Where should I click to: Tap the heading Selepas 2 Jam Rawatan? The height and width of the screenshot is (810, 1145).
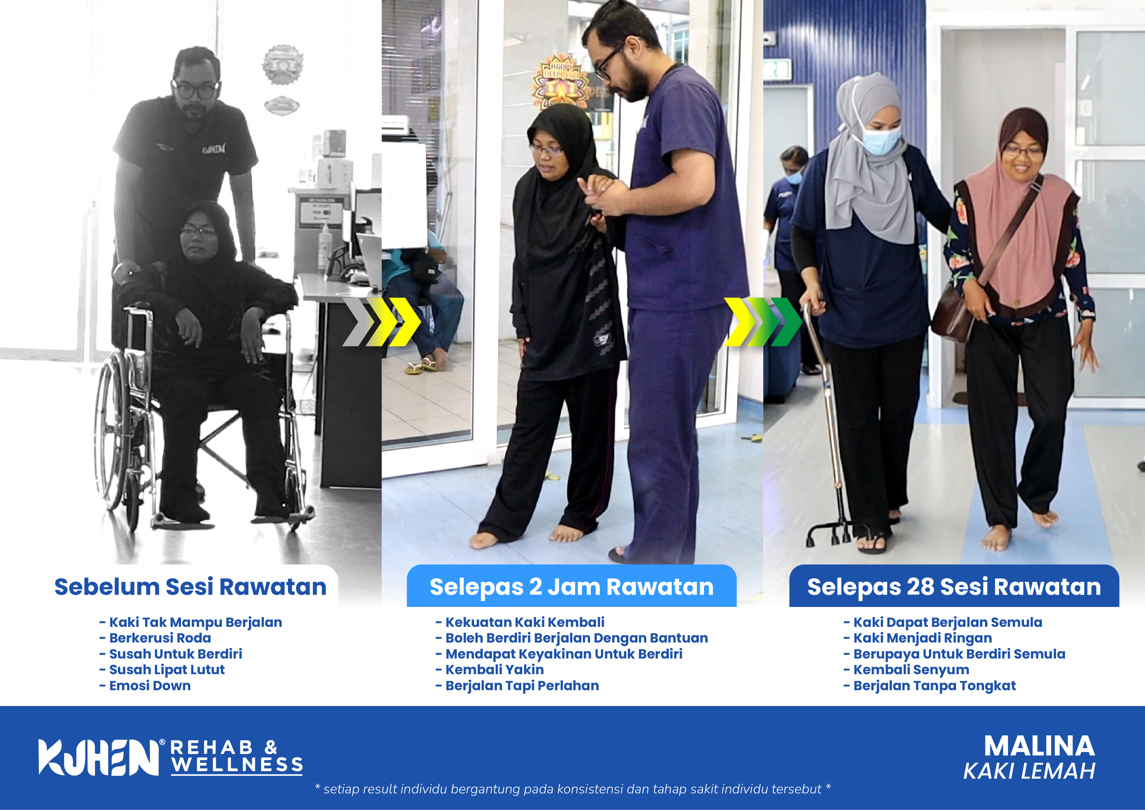pos(572,587)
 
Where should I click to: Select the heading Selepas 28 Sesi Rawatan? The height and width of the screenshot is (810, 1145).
pos(954,587)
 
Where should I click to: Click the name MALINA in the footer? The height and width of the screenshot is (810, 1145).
pos(1039,747)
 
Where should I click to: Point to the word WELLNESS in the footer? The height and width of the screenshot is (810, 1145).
pos(237,765)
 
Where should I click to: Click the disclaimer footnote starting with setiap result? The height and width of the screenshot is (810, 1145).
pos(572,789)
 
